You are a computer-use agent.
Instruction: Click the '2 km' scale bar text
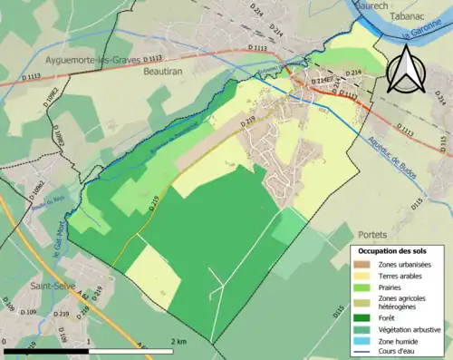(178, 341)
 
